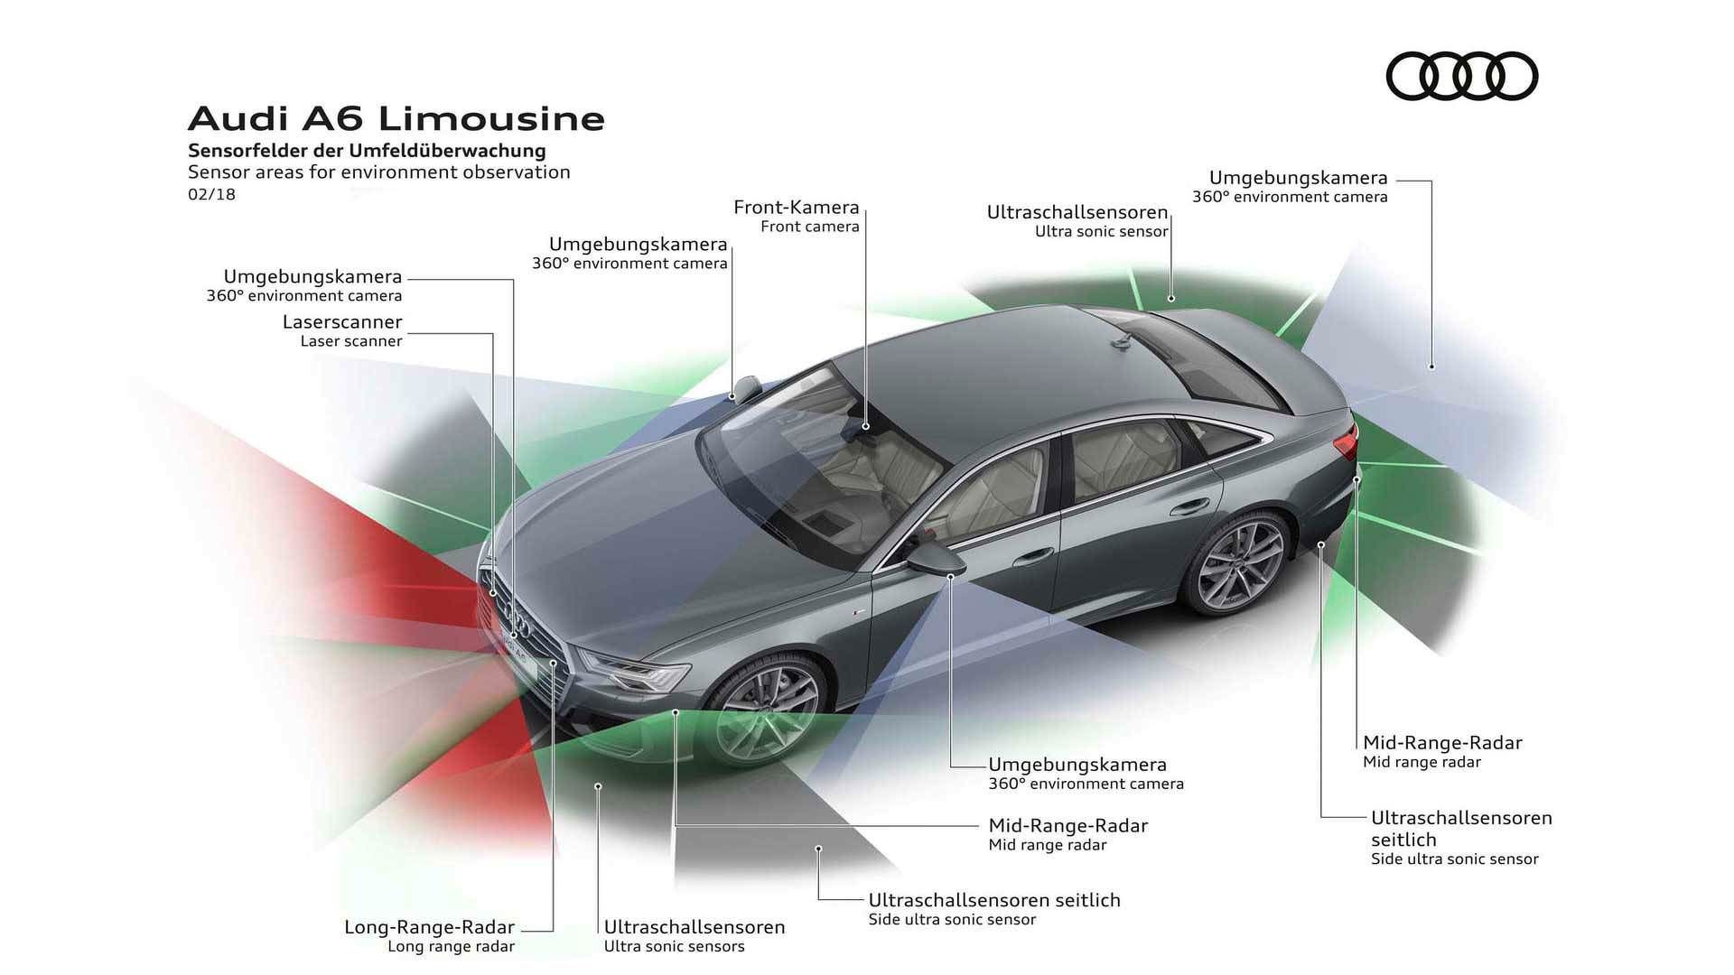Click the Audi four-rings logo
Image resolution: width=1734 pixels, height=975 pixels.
[1461, 76]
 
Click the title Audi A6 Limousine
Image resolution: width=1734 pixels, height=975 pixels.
[396, 118]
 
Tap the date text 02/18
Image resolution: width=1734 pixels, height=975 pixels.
[211, 194]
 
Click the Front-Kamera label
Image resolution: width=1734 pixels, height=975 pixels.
[796, 208]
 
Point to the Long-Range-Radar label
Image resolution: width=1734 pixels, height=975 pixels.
[429, 927]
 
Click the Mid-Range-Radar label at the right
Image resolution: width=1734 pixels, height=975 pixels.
[1441, 743]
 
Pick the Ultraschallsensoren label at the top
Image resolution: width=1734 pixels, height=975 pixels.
[1077, 213]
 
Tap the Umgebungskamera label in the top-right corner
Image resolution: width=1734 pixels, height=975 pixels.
[1298, 179]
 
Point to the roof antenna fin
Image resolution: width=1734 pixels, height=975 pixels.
[1122, 341]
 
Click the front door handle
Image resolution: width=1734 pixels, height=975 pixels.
[1033, 557]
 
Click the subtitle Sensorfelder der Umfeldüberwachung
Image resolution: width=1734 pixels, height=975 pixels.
[367, 151]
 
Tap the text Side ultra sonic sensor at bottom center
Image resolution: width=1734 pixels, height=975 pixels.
[952, 920]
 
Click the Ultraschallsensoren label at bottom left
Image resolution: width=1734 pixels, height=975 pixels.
[694, 927]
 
